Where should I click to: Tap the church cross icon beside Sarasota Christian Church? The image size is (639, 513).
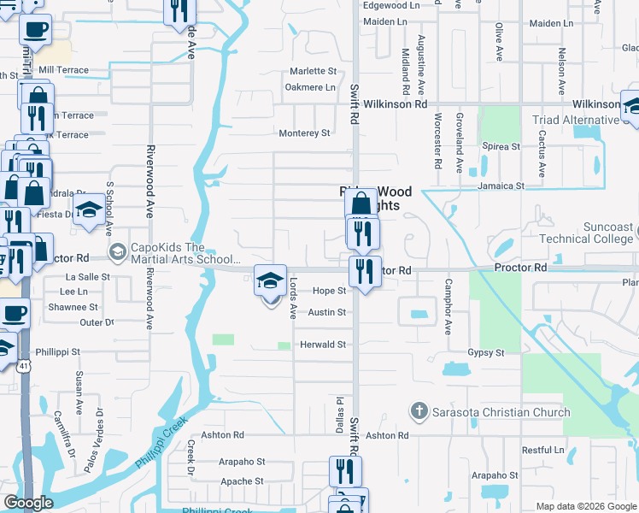(x=419, y=412)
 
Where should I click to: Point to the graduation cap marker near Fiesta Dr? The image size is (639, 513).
(x=89, y=210)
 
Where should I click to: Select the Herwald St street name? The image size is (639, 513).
(x=323, y=345)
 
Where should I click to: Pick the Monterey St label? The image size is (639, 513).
(x=304, y=133)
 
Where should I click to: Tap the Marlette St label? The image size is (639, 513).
(x=312, y=71)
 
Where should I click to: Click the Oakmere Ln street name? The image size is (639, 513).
(x=310, y=87)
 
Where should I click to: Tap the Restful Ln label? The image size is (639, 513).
(x=543, y=450)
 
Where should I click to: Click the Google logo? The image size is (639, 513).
(x=28, y=503)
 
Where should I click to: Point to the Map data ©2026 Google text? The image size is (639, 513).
(x=586, y=506)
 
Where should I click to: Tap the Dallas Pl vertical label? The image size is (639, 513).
(x=339, y=413)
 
